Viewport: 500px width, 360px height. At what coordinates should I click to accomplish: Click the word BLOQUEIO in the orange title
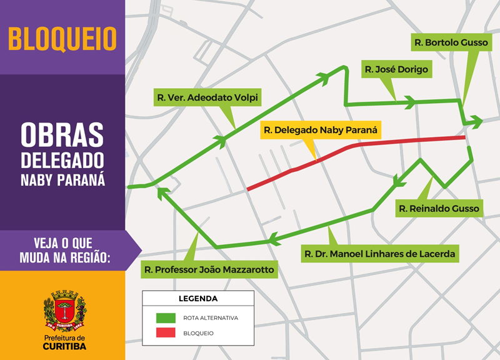click(62, 38)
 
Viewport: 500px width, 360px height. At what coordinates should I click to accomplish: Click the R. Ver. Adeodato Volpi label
click(207, 97)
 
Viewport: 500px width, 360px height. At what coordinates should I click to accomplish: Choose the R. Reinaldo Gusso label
click(439, 208)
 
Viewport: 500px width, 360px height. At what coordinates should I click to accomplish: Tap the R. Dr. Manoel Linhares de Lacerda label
click(380, 254)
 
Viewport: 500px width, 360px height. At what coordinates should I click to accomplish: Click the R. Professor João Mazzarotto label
click(209, 270)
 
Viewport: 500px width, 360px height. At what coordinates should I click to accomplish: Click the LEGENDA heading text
click(198, 299)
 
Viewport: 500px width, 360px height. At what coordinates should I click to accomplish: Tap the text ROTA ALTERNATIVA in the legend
click(211, 317)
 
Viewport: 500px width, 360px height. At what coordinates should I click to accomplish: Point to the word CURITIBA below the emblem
click(64, 346)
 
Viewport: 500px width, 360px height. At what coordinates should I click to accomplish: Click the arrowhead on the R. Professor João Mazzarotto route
click(164, 194)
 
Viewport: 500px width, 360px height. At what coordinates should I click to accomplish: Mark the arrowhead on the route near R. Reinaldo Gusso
click(398, 181)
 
